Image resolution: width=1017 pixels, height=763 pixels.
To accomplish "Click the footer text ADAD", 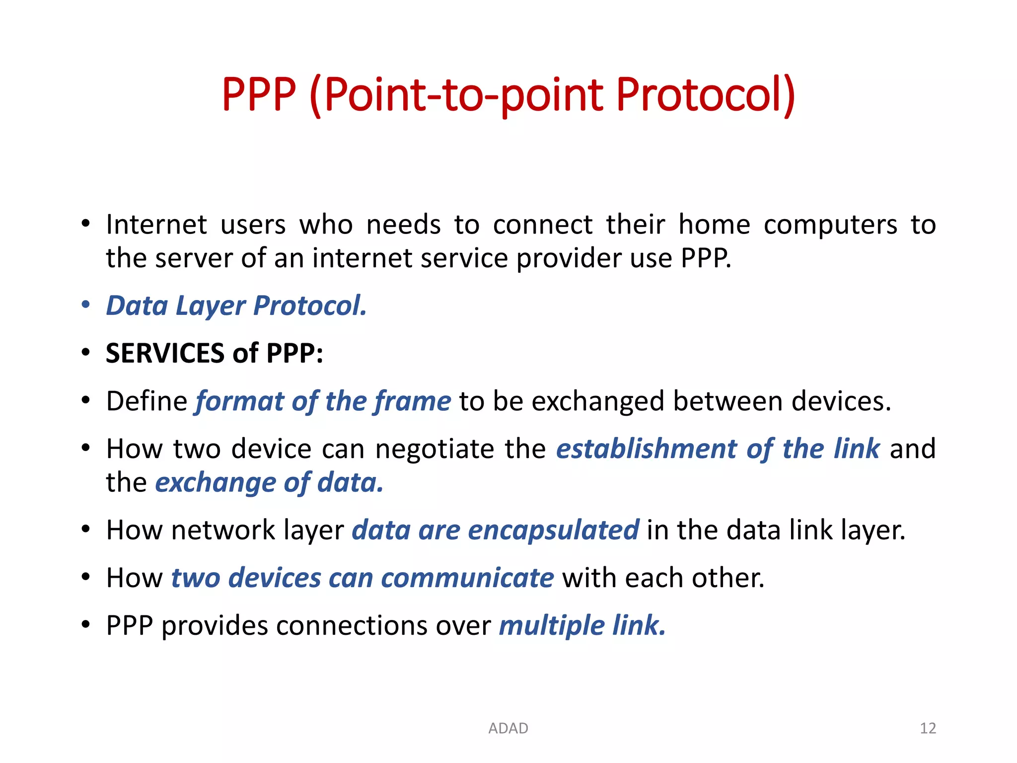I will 508,728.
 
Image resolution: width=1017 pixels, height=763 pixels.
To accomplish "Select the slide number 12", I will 928,728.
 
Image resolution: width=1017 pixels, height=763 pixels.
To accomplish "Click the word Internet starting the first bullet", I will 156,225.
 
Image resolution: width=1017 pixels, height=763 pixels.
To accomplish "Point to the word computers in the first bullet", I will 830,225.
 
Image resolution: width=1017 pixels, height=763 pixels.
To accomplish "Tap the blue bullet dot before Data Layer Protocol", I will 86,304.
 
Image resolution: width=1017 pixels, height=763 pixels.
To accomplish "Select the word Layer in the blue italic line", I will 211,305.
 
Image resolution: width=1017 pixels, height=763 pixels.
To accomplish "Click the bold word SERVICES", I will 165,353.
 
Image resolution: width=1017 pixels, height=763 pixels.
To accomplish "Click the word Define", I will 146,401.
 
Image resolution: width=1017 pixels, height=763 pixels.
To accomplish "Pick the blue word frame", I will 412,401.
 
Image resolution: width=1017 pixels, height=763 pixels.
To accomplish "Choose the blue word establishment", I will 646,449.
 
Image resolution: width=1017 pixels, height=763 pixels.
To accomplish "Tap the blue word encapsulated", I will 553,530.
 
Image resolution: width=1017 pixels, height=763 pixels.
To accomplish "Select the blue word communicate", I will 467,578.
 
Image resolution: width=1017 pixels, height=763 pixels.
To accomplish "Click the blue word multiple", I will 552,625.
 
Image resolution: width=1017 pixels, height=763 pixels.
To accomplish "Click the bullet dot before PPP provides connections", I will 86,624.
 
